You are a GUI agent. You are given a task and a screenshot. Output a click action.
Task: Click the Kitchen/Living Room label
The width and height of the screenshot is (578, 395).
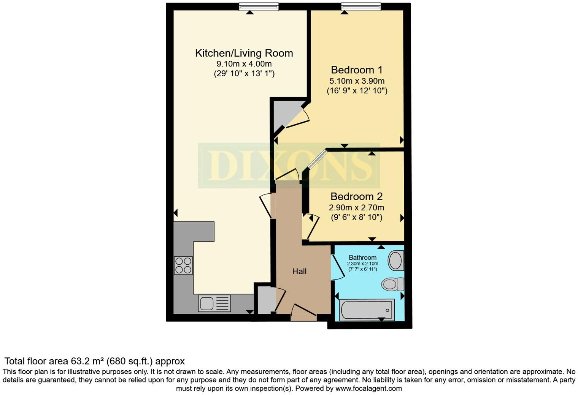point(244,53)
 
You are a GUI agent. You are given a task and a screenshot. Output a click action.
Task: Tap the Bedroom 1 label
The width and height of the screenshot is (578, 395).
point(357,70)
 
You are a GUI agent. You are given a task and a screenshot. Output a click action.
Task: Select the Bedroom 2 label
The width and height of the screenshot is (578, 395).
point(356,197)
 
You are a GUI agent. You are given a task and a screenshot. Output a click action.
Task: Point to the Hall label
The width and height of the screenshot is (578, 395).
point(299,272)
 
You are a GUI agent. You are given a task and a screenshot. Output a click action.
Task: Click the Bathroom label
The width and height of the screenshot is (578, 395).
point(362,258)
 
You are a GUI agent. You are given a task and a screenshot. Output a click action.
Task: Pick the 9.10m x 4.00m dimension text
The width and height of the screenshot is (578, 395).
point(244,64)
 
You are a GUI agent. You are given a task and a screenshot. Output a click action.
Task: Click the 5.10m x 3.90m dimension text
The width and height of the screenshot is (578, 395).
point(357,81)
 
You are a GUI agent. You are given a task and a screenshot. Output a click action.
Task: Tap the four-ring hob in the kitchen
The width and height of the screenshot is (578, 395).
point(183,265)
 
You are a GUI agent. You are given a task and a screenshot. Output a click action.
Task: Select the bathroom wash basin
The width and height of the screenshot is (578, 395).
point(395,261)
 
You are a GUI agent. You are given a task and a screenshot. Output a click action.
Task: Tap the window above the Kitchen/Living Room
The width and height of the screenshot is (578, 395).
point(259,6)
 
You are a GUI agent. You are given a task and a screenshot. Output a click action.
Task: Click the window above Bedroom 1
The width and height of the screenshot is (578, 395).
point(360,6)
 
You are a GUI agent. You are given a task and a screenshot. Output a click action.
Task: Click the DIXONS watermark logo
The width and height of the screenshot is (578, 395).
point(289,166)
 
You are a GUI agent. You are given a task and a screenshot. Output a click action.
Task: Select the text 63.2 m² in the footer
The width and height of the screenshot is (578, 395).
point(86,361)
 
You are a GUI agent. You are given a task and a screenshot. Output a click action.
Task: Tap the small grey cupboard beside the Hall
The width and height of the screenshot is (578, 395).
point(265,300)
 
